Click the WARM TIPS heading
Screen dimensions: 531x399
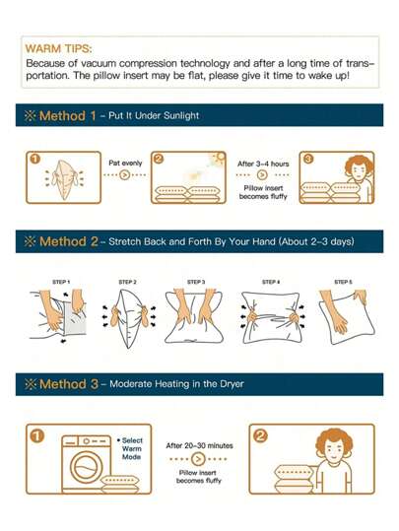point(54,46)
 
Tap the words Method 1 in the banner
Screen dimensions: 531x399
point(67,115)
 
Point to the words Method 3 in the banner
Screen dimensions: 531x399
point(67,383)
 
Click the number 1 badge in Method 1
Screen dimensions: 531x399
point(33,159)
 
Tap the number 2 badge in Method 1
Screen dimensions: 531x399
point(159,159)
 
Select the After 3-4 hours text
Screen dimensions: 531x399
point(261,164)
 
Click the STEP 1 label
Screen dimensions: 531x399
point(61,283)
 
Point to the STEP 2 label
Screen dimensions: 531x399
point(127,283)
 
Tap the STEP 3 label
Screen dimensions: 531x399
point(196,283)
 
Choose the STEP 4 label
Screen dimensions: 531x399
point(271,283)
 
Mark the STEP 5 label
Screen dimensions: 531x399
point(343,283)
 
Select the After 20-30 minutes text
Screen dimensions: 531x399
point(198,445)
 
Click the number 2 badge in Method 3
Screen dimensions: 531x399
point(260,433)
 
